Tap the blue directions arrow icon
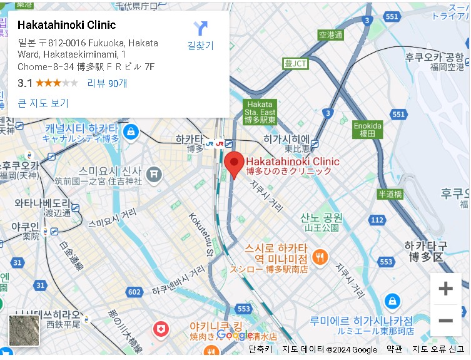click(x=200, y=29)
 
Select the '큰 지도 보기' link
click(x=43, y=103)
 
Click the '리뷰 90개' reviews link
click(x=107, y=83)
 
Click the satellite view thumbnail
click(x=24, y=330)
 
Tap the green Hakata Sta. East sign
click(x=260, y=111)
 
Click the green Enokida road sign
click(x=367, y=129)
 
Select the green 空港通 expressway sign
click(x=331, y=35)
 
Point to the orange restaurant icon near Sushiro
click(x=320, y=256)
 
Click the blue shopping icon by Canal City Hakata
click(x=131, y=131)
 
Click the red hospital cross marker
click(x=161, y=329)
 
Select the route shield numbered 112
click(x=377, y=220)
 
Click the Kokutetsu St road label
click(x=200, y=234)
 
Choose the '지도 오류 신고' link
click(x=438, y=349)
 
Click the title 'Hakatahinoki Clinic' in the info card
click(x=67, y=26)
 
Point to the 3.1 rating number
click(x=25, y=83)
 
